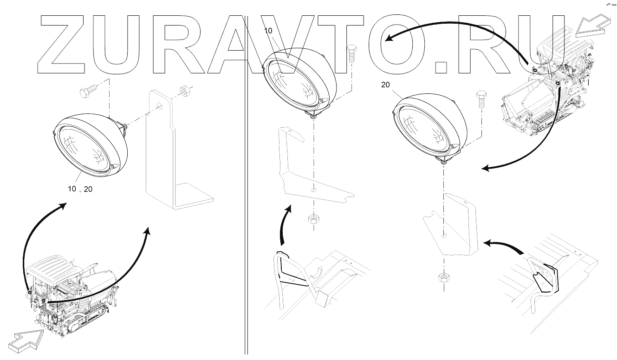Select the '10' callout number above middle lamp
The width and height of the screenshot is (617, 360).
pos(268,31)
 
